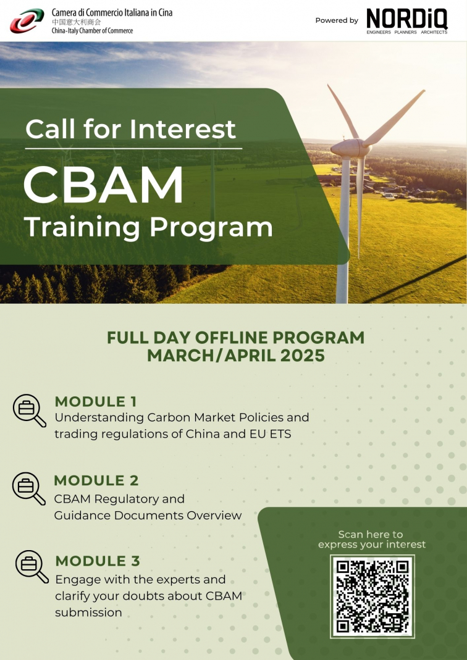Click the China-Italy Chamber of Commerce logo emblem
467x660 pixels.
pos(27,20)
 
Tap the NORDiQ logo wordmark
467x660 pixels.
pos(407,19)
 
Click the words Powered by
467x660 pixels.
pos(337,20)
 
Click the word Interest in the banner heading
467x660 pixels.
pos(183,129)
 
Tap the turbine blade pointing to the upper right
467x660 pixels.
pos(393,118)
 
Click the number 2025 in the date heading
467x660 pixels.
pos(302,356)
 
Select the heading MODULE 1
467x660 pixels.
pos(96,401)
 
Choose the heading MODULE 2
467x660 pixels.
pos(96,480)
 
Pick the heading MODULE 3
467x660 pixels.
pos(98,561)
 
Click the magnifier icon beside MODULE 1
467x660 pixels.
pos(30,411)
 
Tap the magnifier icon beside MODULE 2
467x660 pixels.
pos(28,489)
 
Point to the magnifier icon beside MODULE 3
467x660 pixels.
pos(32,567)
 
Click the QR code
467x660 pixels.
pos(372,596)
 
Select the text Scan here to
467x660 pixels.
pos(371,535)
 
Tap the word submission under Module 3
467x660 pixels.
pos(88,612)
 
